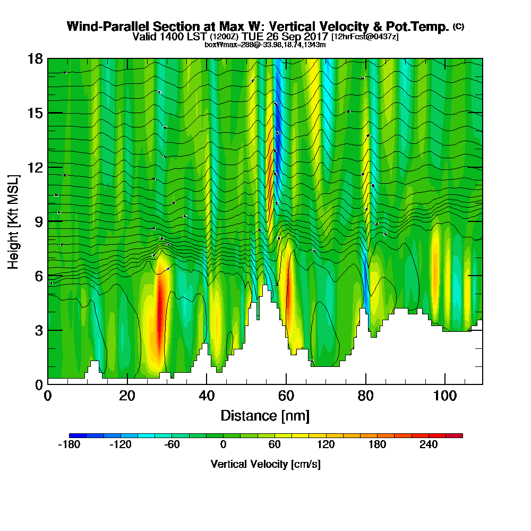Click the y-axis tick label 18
35,58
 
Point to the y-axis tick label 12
35,167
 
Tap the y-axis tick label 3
39,330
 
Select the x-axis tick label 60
286,396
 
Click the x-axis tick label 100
445,396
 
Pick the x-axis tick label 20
127,396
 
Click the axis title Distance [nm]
265,415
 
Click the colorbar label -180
68,445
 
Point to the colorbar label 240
428,445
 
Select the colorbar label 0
223,445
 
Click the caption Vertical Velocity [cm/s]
265,464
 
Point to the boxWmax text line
265,45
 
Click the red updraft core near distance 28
159,313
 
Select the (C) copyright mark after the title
458,27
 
